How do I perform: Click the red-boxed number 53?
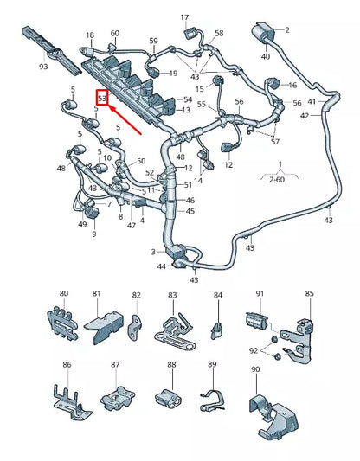pos(102,99)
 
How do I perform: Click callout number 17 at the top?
pos(183,17)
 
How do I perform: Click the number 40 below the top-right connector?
pos(266,57)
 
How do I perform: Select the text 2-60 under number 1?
pos(276,180)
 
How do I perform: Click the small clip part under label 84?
pos(217,326)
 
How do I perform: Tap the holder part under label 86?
pos(67,397)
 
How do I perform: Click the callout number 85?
pos(309,294)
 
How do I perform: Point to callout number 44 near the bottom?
pos(162,266)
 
